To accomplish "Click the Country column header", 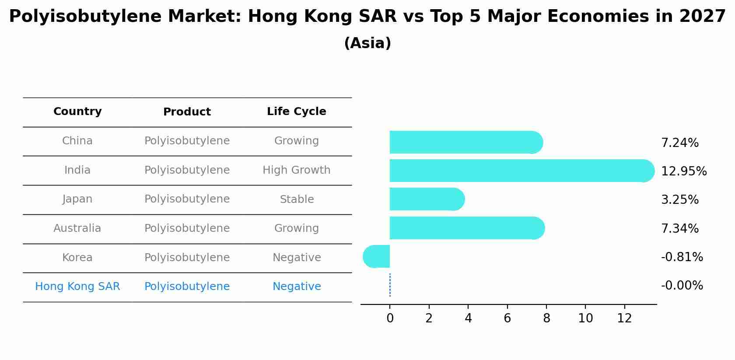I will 77,112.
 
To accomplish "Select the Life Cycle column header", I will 296,112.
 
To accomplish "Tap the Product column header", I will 187,112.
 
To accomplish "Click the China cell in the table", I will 77,141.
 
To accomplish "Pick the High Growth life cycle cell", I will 296,170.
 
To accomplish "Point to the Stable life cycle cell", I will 297,199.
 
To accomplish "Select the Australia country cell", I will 77,228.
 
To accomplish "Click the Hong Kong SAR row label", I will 77,287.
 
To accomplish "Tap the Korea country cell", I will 77,258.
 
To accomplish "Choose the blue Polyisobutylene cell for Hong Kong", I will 187,287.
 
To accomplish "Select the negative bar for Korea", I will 377,256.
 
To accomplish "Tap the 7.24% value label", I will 679,143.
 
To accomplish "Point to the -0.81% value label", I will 682,257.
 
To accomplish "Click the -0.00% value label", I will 682,286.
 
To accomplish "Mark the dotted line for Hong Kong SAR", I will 390,285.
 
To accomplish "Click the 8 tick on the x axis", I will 546,318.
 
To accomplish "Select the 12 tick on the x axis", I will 624,318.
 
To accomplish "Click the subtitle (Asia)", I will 367,43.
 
